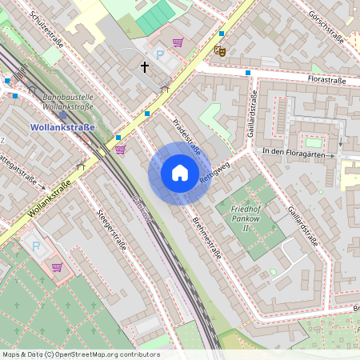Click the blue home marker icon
point(180,174)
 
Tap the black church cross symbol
point(145,66)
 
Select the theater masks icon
point(219,50)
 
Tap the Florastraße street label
point(326,80)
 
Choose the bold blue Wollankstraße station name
point(62,127)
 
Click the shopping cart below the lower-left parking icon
point(57,267)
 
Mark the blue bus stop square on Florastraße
point(248,73)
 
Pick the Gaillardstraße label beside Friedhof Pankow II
point(301,226)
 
